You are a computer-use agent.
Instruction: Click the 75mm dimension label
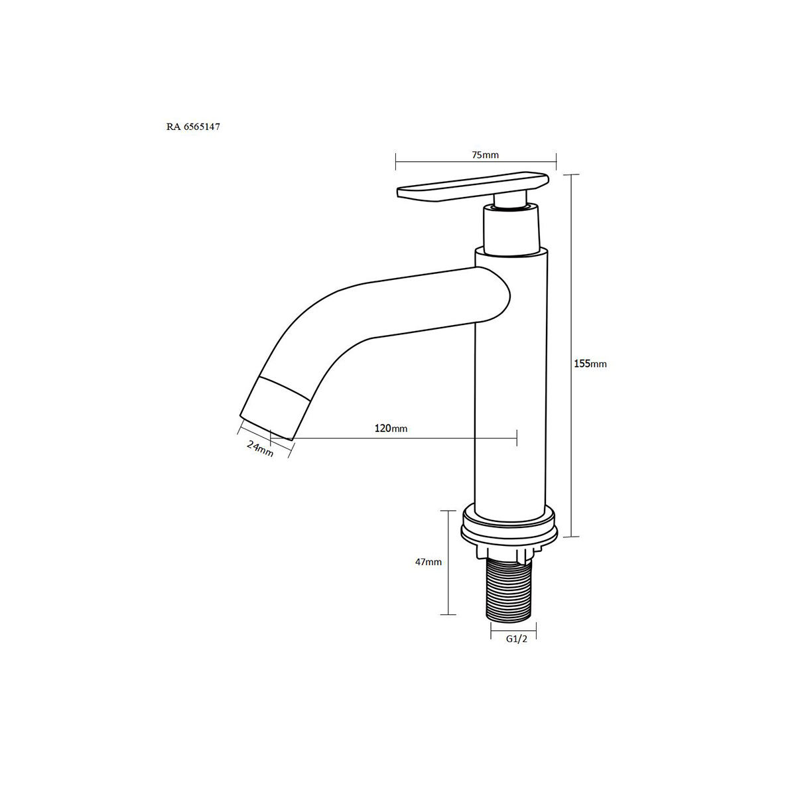(485, 155)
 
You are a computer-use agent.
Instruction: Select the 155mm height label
(590, 364)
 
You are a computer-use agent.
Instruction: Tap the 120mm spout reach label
(391, 429)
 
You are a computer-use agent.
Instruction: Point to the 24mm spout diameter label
(260, 448)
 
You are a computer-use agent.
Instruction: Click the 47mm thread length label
(429, 562)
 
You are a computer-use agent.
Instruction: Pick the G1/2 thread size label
(517, 639)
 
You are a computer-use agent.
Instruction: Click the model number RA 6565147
(193, 127)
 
